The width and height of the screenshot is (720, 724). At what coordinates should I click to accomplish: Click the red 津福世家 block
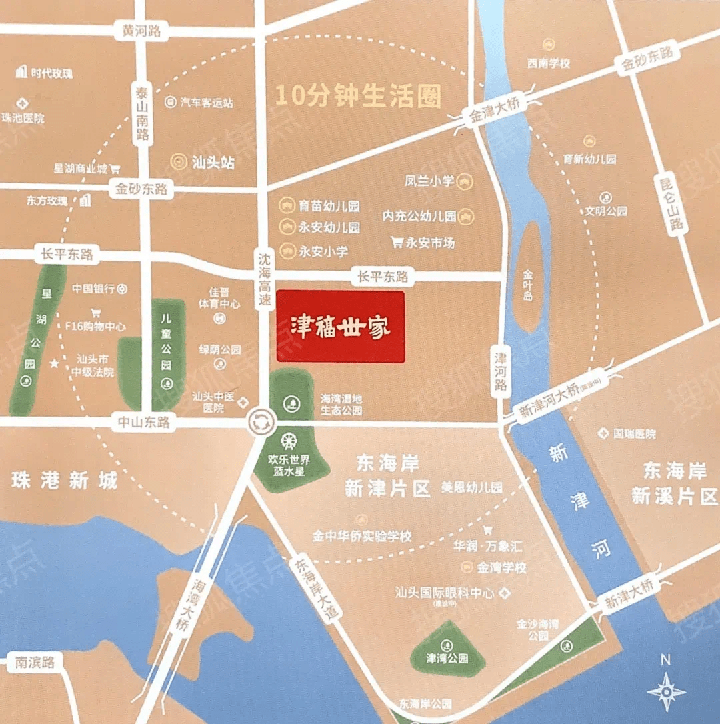click(x=341, y=327)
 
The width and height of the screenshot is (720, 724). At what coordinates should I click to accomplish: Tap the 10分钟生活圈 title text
click(x=359, y=96)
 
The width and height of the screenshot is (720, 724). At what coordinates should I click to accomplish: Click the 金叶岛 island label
click(x=528, y=285)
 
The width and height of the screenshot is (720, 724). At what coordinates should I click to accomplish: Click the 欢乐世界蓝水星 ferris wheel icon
click(x=289, y=442)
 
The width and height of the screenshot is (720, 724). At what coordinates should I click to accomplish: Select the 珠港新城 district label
click(x=64, y=481)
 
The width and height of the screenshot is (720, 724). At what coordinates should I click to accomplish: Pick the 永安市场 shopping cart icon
click(x=397, y=243)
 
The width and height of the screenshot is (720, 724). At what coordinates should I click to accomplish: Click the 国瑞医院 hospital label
click(x=633, y=434)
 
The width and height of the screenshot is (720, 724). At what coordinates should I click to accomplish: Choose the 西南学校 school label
click(x=549, y=63)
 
